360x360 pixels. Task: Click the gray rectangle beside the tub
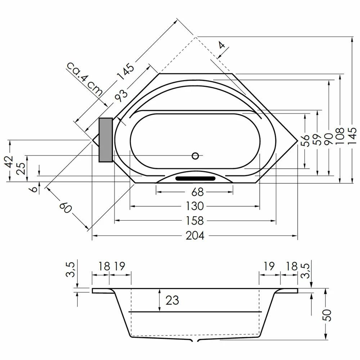[105, 140]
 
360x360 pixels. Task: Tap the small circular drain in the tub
[195, 156]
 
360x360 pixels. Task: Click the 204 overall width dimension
[195, 235]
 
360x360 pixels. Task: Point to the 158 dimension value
[195, 220]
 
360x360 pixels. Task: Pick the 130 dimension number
[195, 206]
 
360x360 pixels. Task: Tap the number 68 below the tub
[195, 192]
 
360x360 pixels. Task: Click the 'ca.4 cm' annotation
[85, 78]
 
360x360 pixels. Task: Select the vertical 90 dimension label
[328, 137]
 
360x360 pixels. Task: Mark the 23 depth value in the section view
[172, 300]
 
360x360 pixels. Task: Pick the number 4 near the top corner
[222, 45]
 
